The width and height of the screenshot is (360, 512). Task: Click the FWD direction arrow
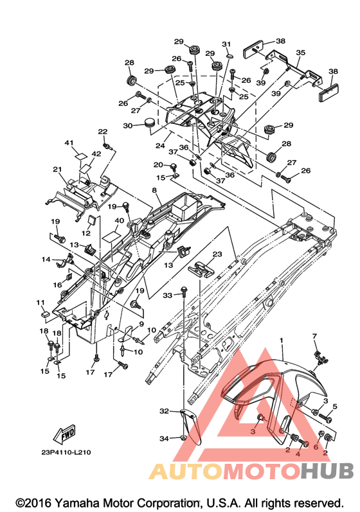pyautogui.click(x=65, y=434)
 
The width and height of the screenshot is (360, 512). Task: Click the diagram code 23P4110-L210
pyautogui.click(x=66, y=452)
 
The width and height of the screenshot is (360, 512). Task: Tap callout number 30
pyautogui.click(x=128, y=126)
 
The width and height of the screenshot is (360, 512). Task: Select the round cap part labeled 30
pyautogui.click(x=149, y=123)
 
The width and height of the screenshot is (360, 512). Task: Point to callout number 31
pyautogui.click(x=226, y=44)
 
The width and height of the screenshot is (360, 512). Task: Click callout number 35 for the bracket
pyautogui.click(x=301, y=52)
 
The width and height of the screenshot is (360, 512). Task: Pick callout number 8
pyautogui.click(x=154, y=190)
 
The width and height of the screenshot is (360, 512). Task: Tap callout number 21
pyautogui.click(x=57, y=169)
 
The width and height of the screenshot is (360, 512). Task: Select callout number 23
pyautogui.click(x=217, y=254)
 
